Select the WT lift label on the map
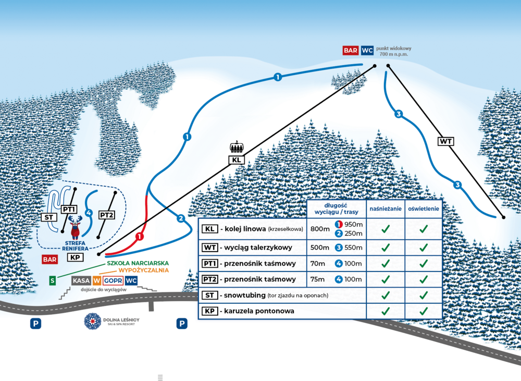[445, 141]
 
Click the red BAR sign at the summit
[350, 51]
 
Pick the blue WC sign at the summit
[367, 51]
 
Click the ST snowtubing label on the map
[48, 216]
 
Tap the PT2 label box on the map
[106, 215]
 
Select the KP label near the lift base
[75, 257]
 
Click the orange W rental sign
[96, 280]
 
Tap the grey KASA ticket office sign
[81, 280]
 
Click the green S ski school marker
[52, 280]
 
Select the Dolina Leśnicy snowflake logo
[94, 321]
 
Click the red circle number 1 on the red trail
[140, 236]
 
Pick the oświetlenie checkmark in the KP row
[424, 311]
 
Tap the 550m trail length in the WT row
[353, 248]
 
